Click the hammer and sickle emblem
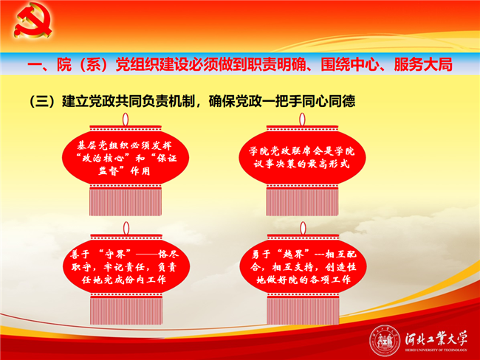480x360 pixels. [x=32, y=20]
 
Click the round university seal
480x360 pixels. [x=385, y=341]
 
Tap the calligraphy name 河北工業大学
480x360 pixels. [x=436, y=339]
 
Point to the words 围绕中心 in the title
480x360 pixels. [x=349, y=64]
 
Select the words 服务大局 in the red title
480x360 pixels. [x=422, y=64]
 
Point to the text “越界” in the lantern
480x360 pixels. [x=293, y=254]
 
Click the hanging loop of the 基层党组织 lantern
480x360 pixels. [x=126, y=119]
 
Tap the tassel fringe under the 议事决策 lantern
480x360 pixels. [x=302, y=202]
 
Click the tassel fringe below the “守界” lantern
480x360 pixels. [x=126, y=311]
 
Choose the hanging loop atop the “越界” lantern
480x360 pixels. [x=303, y=228]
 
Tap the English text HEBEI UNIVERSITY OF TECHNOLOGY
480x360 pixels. [x=436, y=350]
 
